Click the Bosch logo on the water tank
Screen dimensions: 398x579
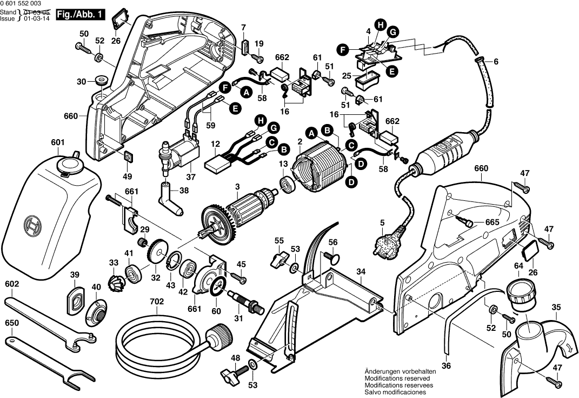[x=34, y=223]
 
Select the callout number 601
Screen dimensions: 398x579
[x=57, y=142]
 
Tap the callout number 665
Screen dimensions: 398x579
[x=491, y=222]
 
